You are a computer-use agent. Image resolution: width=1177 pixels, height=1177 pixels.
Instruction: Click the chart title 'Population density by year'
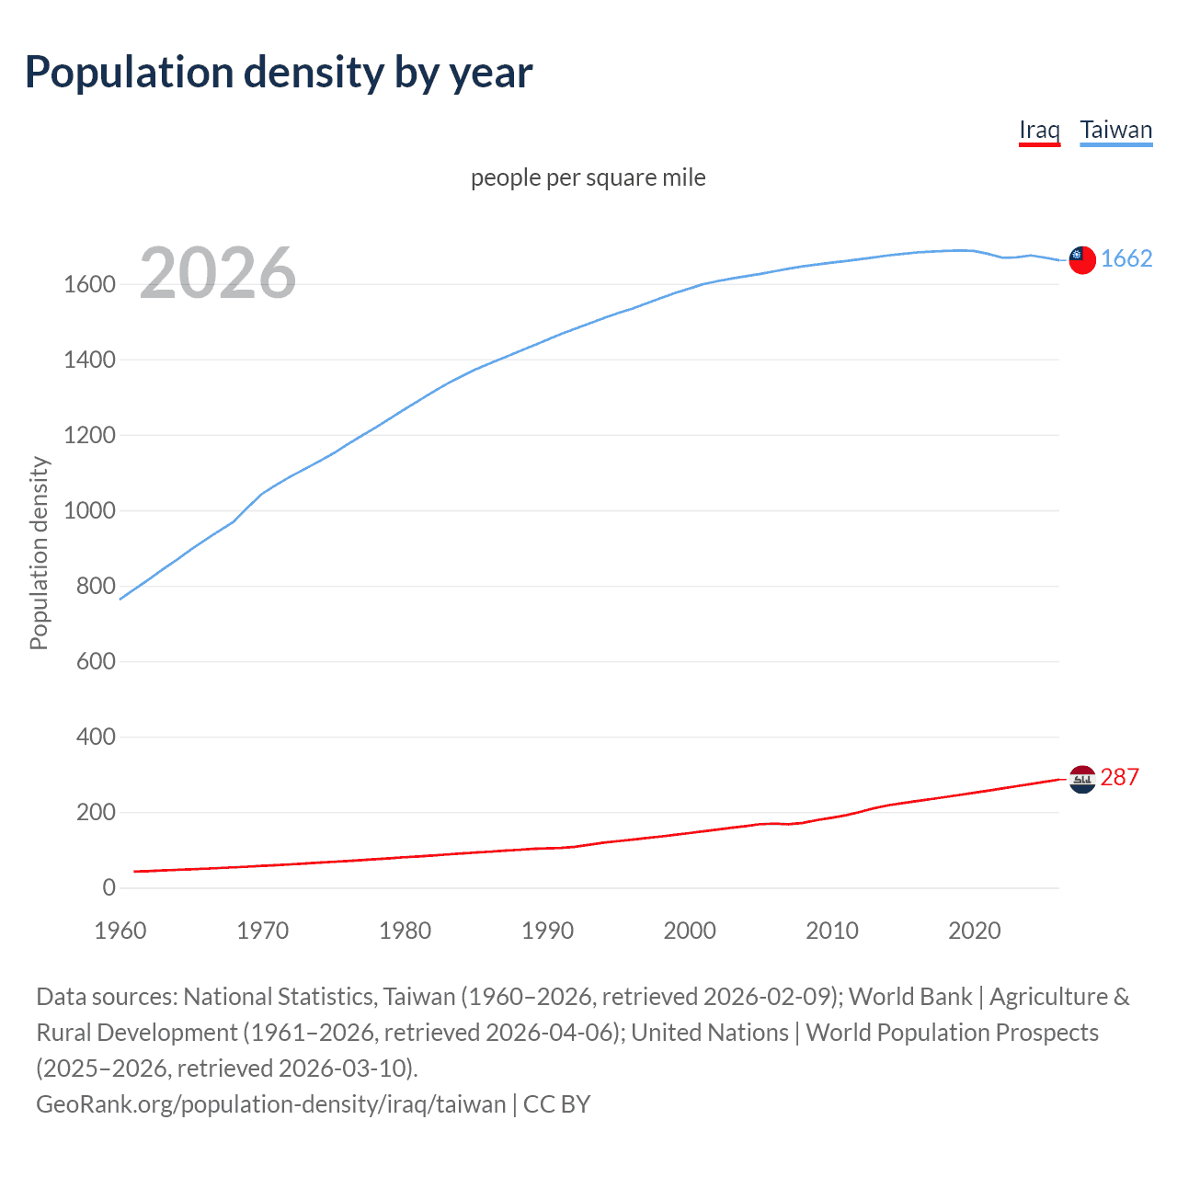click(x=279, y=73)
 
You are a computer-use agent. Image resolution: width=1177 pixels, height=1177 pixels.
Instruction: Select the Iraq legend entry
click(x=1039, y=130)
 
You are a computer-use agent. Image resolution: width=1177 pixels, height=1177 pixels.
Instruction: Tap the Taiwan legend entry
click(x=1115, y=130)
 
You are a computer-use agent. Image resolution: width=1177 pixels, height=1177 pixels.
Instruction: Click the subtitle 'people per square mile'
click(x=588, y=177)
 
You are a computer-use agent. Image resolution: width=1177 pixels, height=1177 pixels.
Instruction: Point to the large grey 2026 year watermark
click(x=218, y=273)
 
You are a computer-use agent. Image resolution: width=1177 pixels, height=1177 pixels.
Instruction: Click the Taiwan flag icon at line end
click(x=1082, y=260)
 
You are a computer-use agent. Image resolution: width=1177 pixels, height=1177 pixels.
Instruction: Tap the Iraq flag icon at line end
click(x=1082, y=779)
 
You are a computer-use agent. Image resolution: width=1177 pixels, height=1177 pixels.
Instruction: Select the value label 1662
click(x=1126, y=258)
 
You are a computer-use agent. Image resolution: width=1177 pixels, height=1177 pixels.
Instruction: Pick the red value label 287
click(x=1119, y=777)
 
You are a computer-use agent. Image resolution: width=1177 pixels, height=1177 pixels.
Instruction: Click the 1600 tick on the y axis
click(x=89, y=284)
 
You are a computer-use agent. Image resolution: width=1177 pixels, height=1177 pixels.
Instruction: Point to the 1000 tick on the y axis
click(x=89, y=510)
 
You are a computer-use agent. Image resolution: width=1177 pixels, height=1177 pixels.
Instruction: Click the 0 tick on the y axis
click(x=109, y=887)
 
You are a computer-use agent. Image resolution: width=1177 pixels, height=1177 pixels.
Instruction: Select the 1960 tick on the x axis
click(x=120, y=931)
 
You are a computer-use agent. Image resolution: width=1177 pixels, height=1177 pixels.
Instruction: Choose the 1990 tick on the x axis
click(x=547, y=931)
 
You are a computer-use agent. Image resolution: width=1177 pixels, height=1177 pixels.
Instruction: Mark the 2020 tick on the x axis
click(x=974, y=931)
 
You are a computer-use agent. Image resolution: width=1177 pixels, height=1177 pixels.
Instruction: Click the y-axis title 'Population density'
click(x=39, y=553)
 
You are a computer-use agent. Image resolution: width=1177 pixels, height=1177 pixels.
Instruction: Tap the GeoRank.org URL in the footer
click(x=270, y=1103)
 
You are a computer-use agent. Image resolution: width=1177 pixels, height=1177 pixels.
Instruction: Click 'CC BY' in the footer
click(x=556, y=1103)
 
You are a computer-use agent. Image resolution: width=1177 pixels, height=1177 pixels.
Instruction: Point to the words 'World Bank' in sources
click(x=909, y=997)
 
